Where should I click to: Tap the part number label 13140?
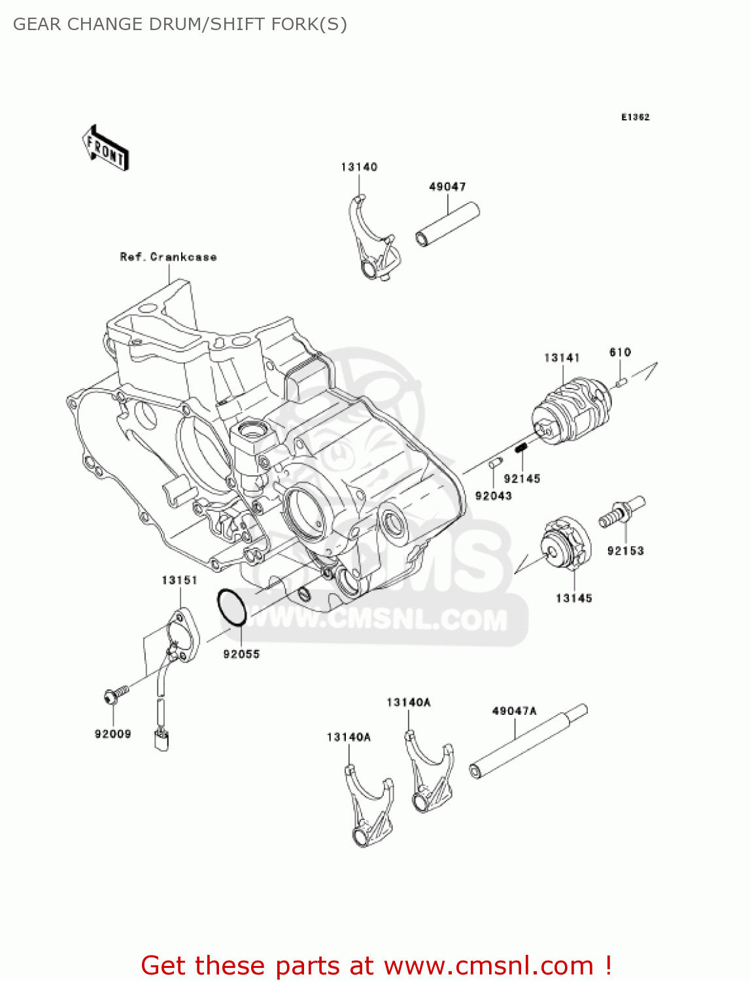[359, 167]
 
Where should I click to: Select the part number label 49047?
[447, 187]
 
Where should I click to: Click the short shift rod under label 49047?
[448, 224]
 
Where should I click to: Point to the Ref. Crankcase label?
[168, 257]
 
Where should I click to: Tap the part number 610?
[620, 353]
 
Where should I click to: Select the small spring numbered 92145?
[521, 448]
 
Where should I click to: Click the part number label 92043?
[493, 496]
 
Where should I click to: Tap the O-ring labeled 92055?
[231, 607]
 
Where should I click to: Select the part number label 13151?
[179, 580]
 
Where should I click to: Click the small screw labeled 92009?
[112, 696]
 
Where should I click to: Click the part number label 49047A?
[514, 711]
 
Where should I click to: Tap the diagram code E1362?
[635, 117]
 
